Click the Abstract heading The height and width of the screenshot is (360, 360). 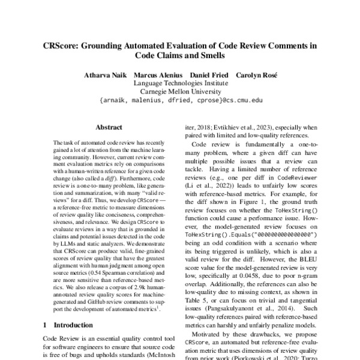tap(109, 128)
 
